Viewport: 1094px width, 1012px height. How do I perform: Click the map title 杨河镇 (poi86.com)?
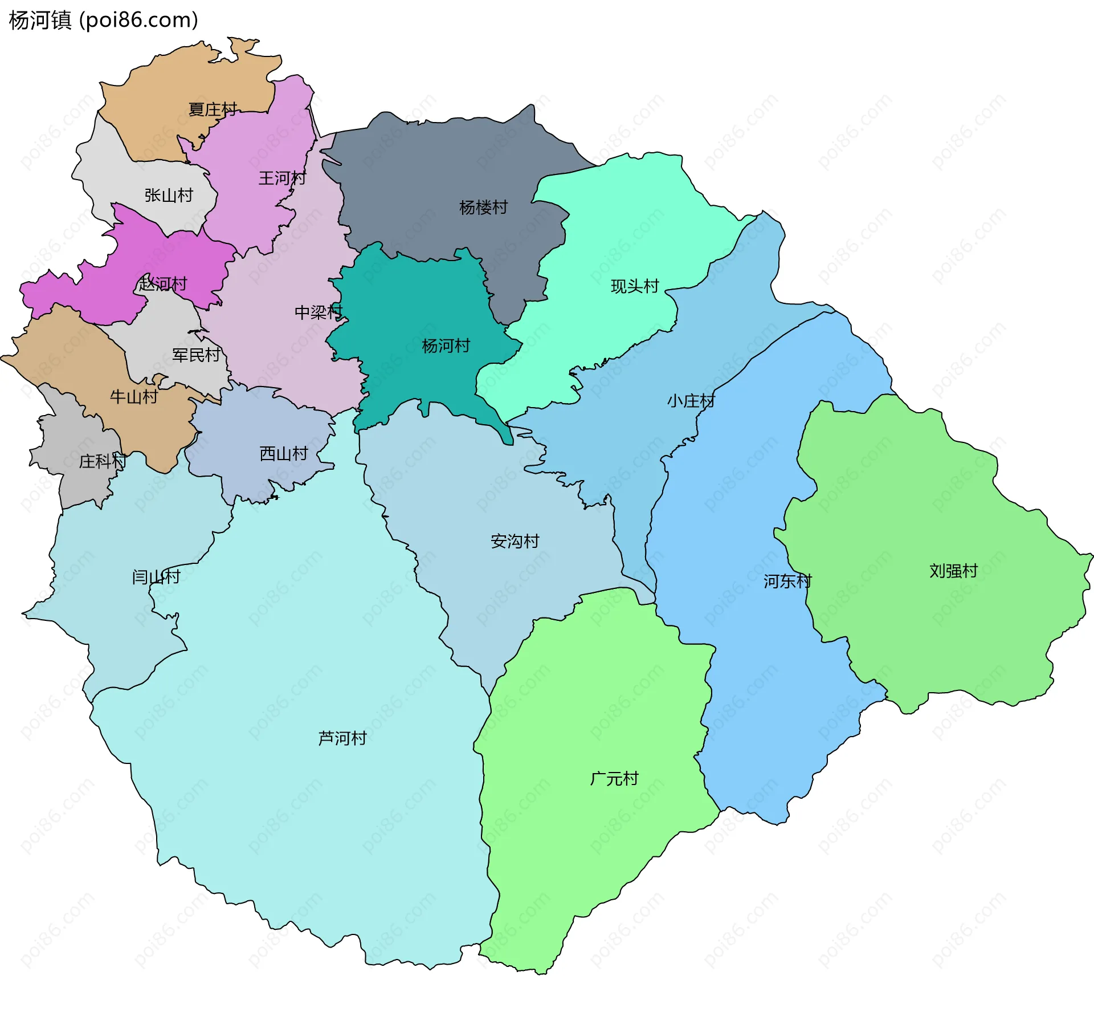(103, 20)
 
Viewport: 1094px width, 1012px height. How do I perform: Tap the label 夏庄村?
(213, 109)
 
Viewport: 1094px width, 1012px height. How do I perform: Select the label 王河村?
(282, 178)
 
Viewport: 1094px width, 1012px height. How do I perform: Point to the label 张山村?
(169, 196)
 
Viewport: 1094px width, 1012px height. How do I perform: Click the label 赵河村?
(162, 283)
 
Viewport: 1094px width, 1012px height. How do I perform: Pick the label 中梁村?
(318, 312)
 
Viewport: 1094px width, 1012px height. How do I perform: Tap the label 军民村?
(196, 355)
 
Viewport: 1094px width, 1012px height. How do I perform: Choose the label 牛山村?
(134, 397)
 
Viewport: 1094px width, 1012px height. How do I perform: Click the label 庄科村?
(103, 461)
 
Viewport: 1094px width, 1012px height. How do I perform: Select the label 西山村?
(284, 454)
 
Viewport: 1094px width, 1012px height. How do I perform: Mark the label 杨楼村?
(483, 208)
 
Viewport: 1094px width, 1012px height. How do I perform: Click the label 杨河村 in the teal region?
(446, 346)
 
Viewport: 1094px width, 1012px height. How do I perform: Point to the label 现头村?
(635, 286)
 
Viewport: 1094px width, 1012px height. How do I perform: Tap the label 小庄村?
(691, 401)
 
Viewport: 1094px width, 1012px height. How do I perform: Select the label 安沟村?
(515, 541)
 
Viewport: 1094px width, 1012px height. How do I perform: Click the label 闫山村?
(156, 577)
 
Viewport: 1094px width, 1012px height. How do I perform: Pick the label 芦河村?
(342, 738)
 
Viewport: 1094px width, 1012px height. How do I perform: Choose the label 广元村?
(614, 779)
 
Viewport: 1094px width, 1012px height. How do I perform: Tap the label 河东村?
(787, 582)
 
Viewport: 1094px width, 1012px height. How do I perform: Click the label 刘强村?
(953, 571)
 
